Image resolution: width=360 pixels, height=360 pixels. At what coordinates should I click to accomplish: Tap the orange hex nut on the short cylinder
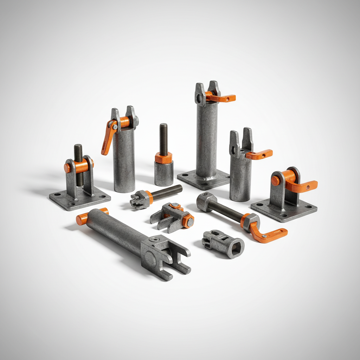pyautogui.click(x=163, y=157)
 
